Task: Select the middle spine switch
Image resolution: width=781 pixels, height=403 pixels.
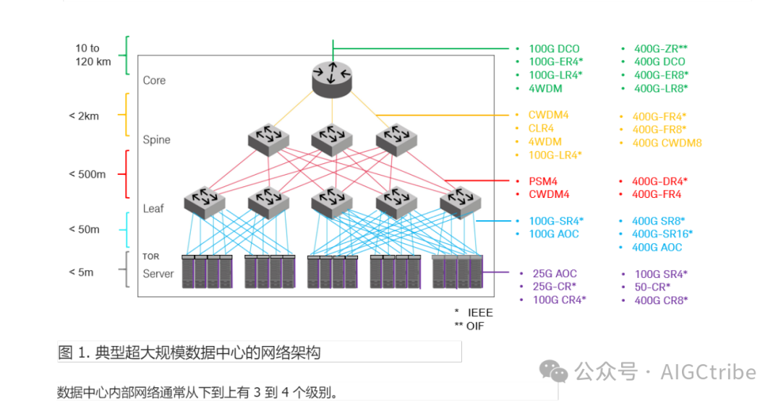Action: click(332, 139)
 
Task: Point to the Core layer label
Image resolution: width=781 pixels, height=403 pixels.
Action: click(154, 80)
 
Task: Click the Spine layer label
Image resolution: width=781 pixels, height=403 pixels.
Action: click(156, 139)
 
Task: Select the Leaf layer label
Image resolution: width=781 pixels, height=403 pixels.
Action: click(153, 208)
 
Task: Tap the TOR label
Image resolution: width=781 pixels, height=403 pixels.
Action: click(150, 256)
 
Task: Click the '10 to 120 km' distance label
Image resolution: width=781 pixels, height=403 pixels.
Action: click(93, 55)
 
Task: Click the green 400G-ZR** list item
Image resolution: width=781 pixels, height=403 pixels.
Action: click(660, 48)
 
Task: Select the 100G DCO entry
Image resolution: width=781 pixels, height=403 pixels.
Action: click(554, 48)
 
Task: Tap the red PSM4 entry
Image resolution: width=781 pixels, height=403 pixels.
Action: click(543, 181)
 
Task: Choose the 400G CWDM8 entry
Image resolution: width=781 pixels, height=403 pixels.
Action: click(667, 142)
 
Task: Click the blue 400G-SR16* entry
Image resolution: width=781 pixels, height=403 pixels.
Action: click(662, 233)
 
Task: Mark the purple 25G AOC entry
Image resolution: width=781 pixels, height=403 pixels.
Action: click(555, 274)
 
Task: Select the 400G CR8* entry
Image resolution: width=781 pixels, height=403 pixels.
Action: click(661, 300)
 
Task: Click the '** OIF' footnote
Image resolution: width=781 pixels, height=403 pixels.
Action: click(469, 326)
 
